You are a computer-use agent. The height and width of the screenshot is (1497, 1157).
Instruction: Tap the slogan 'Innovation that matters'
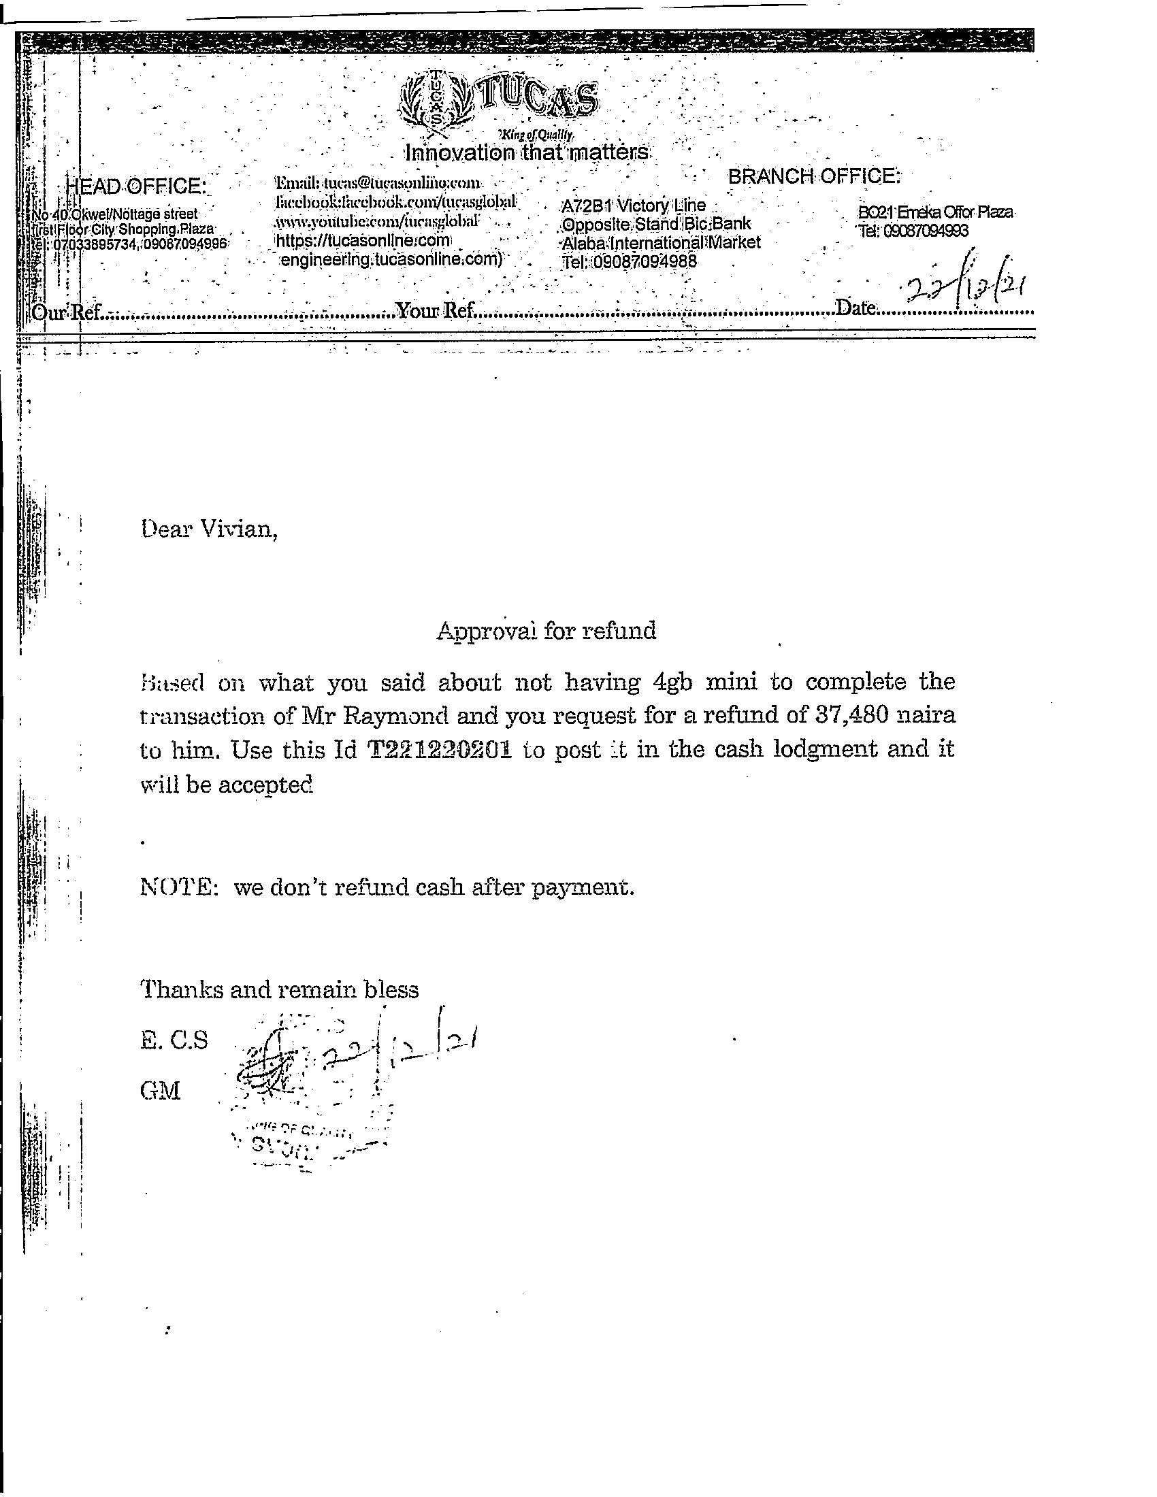click(x=526, y=152)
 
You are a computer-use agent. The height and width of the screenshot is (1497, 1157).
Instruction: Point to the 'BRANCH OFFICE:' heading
click(x=813, y=176)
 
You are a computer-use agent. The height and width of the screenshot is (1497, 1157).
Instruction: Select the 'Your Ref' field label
click(x=437, y=311)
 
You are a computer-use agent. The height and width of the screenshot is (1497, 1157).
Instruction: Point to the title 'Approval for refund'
click(x=547, y=630)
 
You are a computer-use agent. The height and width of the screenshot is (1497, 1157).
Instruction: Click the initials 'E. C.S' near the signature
click(x=174, y=1040)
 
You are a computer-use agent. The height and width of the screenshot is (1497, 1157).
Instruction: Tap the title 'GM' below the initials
click(x=160, y=1091)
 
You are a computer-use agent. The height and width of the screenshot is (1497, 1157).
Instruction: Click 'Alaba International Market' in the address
click(x=661, y=243)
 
